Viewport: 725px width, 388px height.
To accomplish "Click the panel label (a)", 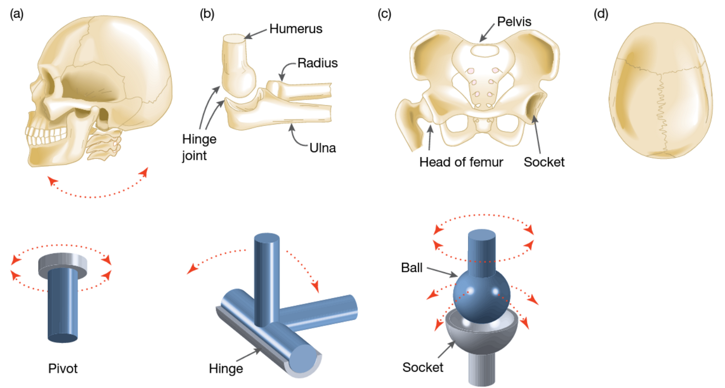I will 17,14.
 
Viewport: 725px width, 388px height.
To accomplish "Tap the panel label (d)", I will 601,14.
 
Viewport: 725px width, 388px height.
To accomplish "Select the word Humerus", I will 296,29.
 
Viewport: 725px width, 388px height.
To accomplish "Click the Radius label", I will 317,63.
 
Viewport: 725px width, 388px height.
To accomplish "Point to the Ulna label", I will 322,148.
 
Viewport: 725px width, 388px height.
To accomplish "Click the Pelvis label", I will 514,22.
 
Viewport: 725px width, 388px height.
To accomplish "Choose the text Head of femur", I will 461,162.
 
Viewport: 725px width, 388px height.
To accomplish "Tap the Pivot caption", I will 63,368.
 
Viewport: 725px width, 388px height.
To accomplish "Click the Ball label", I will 411,268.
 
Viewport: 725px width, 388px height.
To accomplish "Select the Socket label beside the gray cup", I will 422,367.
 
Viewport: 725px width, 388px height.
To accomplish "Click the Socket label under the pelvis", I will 544,162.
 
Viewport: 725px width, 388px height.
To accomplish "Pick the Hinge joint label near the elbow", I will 199,147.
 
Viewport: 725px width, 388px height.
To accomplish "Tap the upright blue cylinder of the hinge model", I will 266,277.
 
